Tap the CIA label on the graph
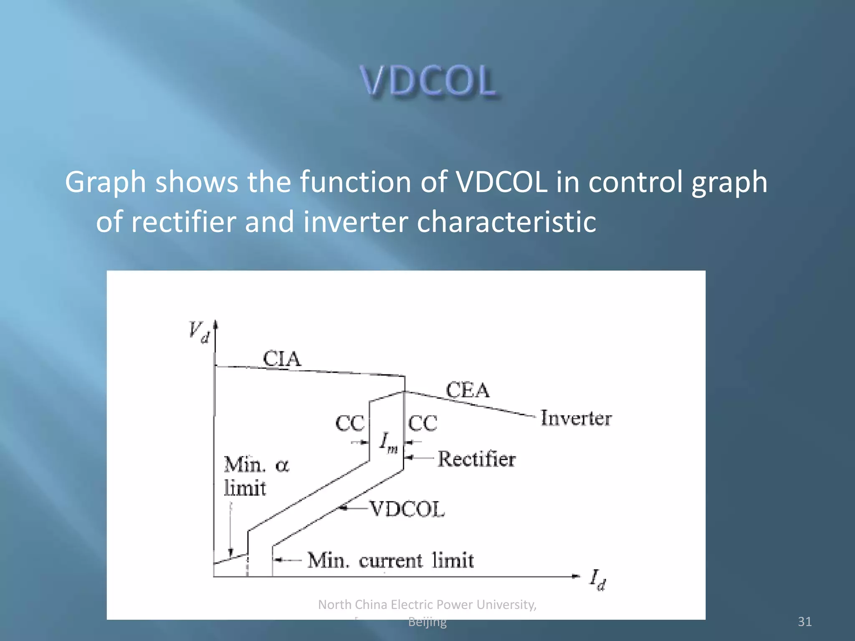(282, 359)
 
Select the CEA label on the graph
(468, 391)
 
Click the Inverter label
(576, 418)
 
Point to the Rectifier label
(476, 459)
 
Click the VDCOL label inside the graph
(407, 509)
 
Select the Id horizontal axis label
(597, 580)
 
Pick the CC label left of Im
(350, 424)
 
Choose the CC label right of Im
(422, 424)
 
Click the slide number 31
(804, 622)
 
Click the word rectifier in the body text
(184, 222)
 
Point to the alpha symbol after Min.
(282, 465)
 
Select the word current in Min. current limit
(391, 560)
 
